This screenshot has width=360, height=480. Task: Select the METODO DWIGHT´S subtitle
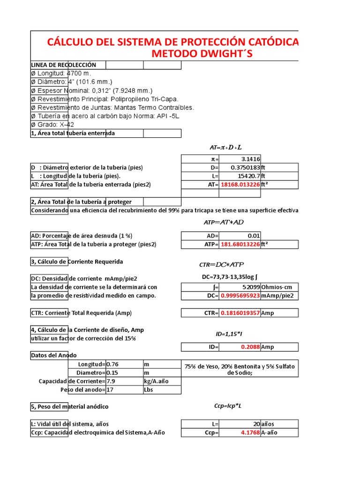click(x=202, y=53)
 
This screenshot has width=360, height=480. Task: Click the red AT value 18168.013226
click(x=240, y=184)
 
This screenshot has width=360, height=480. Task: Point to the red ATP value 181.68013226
click(x=240, y=244)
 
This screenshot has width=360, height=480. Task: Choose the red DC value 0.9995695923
click(x=240, y=295)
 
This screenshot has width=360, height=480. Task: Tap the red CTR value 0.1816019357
click(x=240, y=313)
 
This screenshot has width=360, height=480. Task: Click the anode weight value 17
click(x=110, y=390)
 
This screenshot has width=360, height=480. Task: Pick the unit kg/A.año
click(x=157, y=381)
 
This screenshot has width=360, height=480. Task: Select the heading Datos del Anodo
click(x=53, y=355)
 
